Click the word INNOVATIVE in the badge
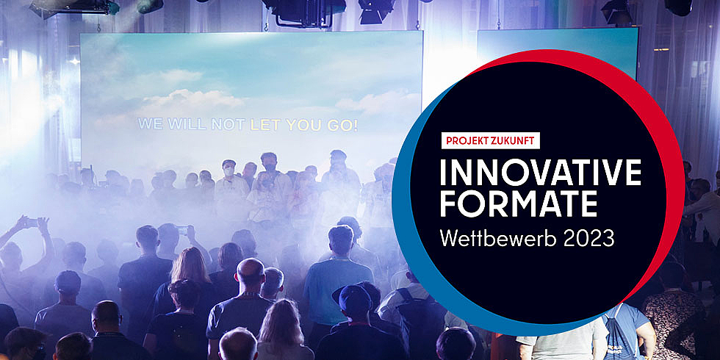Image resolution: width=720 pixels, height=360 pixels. click(541, 173)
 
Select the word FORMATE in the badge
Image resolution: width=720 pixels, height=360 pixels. click(519, 203)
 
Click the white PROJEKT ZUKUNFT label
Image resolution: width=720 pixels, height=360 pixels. click(491, 140)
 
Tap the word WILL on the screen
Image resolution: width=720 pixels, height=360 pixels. click(187, 124)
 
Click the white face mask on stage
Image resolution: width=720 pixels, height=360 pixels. click(228, 172)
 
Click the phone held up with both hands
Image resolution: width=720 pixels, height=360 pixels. click(31, 223)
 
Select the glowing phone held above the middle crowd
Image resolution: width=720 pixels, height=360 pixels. click(182, 229)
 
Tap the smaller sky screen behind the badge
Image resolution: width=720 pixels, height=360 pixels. click(558, 46)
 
